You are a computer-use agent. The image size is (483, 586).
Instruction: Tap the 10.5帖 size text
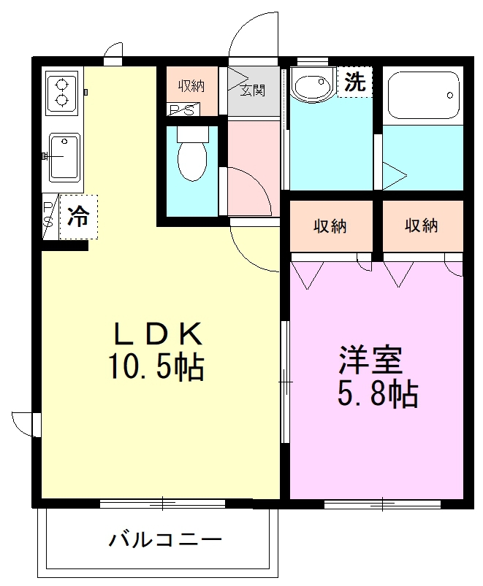[156, 367]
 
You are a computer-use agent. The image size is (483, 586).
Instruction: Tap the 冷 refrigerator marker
[78, 216]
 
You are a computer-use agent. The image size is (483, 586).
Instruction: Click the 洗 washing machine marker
[354, 82]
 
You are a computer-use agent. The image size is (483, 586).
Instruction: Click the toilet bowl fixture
[192, 157]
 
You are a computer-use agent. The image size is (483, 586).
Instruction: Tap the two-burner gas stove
[61, 92]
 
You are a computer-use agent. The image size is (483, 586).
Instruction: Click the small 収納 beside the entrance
[191, 86]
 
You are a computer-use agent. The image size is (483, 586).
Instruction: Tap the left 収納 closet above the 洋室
[330, 225]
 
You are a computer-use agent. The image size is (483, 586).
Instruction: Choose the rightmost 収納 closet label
[421, 225]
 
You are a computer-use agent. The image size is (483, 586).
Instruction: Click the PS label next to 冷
[47, 216]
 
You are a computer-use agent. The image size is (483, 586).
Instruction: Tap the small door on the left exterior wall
[23, 423]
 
